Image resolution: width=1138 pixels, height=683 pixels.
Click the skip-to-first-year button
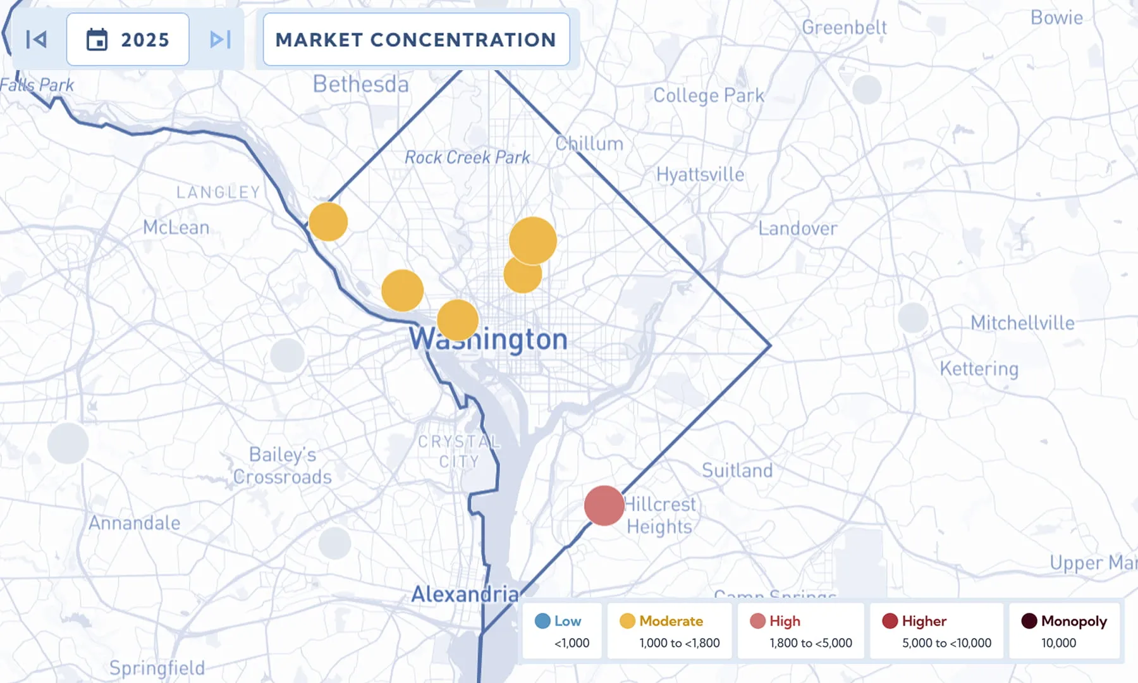click(37, 40)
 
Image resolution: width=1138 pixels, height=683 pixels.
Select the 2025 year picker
click(128, 40)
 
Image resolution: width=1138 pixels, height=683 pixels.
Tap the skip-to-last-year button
click(220, 40)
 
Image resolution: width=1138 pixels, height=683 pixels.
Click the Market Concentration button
click(416, 40)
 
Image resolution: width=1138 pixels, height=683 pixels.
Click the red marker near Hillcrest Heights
click(604, 505)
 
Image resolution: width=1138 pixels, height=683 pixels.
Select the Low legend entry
click(560, 631)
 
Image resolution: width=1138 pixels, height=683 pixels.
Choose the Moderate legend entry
click(670, 631)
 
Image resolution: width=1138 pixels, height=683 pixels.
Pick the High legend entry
click(800, 631)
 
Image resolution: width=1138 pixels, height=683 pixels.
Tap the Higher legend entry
click(936, 631)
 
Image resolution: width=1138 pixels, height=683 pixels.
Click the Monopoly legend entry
click(1064, 631)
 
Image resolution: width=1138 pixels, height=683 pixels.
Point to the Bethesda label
click(361, 84)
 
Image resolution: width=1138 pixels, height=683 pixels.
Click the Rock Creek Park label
click(467, 157)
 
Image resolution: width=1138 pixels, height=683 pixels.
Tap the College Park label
click(709, 95)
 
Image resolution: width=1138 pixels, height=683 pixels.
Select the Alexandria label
click(465, 594)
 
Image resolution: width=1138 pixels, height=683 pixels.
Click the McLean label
click(176, 227)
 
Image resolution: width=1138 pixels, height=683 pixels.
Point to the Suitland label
click(737, 470)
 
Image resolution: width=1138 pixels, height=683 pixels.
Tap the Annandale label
click(135, 523)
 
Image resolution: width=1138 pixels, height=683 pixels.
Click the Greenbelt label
click(844, 28)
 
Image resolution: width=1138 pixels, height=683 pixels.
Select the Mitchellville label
click(1022, 323)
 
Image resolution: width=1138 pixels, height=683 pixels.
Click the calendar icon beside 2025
click(97, 40)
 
